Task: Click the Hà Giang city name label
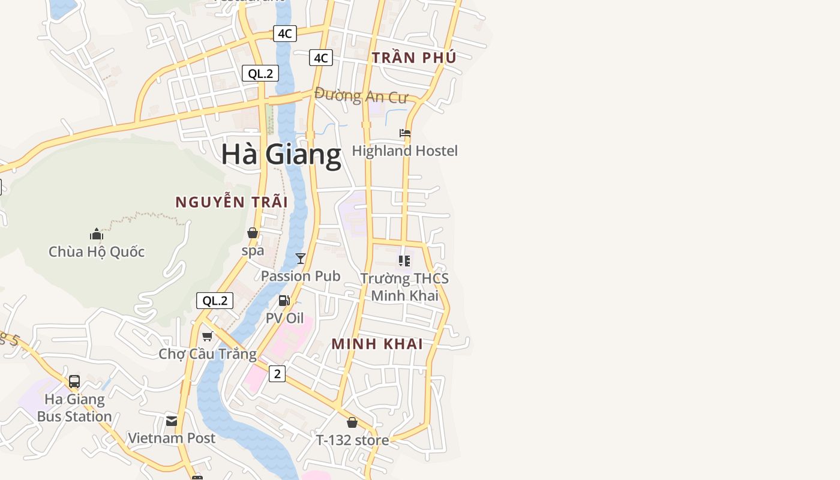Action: [281, 154]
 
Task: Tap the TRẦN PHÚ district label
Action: [414, 58]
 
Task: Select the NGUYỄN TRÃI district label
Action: [232, 202]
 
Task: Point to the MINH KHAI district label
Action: [377, 344]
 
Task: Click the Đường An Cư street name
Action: [361, 95]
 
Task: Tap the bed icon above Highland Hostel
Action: [405, 133]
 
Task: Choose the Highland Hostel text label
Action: [405, 151]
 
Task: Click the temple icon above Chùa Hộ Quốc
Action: [97, 234]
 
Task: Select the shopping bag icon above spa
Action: [253, 233]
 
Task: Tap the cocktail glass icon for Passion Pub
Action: [301, 259]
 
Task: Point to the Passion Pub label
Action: [301, 276]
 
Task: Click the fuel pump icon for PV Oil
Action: [284, 301]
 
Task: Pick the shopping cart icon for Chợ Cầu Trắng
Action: [208, 336]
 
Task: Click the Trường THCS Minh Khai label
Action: [404, 287]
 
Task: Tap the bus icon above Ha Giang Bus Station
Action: [74, 382]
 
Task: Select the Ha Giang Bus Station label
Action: [74, 407]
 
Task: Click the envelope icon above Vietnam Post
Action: [172, 421]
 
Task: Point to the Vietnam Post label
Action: [172, 438]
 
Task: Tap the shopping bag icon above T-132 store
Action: [352, 422]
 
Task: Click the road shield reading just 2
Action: [277, 374]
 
